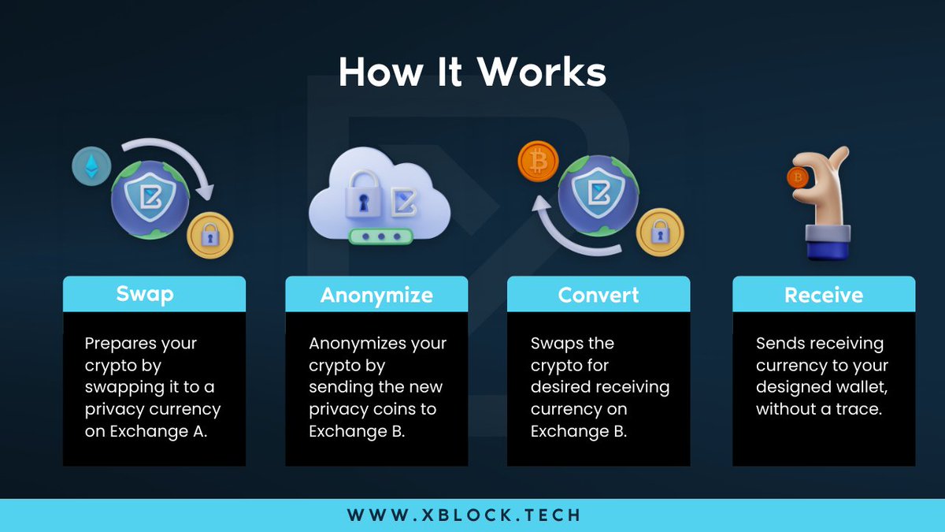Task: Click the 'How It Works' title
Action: [472, 73]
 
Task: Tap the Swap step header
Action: [145, 294]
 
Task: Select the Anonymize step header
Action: [376, 295]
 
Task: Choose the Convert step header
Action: [598, 295]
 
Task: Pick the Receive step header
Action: [824, 295]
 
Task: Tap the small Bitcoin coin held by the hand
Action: [798, 178]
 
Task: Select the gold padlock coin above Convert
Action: [660, 233]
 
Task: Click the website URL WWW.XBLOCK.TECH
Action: [464, 515]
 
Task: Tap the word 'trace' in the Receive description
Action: [860, 410]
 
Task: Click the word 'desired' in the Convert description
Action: [561, 388]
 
